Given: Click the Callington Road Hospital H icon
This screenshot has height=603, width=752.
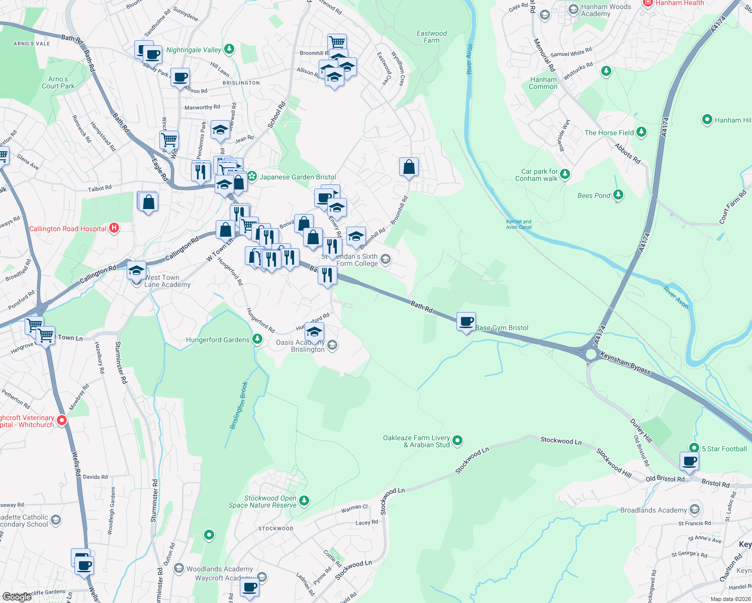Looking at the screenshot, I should point(114,228).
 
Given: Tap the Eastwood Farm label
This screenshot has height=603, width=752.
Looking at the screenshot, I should point(431,37).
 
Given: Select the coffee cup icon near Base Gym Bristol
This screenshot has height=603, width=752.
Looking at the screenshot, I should point(466,321).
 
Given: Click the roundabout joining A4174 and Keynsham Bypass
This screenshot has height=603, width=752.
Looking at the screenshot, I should point(591,354).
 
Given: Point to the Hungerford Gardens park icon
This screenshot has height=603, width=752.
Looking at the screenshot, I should point(257,339).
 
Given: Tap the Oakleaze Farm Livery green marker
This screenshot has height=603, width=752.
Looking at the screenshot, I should point(457,441).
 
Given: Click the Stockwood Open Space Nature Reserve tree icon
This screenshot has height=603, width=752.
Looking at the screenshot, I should point(304,501).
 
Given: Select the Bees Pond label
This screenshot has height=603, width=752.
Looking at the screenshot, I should point(594,195).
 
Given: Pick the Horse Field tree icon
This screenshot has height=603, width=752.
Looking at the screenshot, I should point(641,132).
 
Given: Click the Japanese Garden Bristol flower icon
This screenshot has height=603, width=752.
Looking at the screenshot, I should point(252,176).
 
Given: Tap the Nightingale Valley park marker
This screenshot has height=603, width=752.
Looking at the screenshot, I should point(229,49).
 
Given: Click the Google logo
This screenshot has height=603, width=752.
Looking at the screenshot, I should point(17,596).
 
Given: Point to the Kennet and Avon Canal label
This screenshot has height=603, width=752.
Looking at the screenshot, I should point(519,224).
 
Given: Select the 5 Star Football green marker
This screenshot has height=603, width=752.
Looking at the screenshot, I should point(694,448).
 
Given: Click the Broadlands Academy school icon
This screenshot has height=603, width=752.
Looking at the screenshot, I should point(695,510).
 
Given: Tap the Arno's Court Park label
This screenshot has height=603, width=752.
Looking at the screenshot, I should point(58,82).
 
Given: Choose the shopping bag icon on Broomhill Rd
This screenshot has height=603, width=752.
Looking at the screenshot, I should point(409,167).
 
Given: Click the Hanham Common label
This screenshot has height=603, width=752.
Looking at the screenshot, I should point(543,83).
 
